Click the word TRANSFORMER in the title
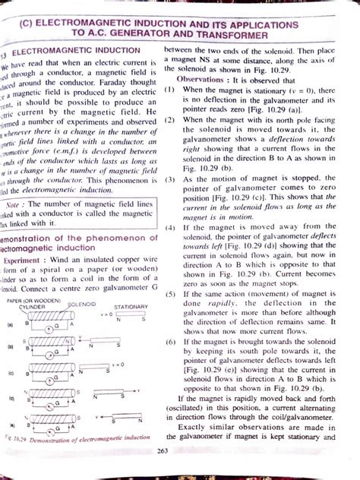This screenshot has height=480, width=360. pyautogui.click(x=231, y=36)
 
